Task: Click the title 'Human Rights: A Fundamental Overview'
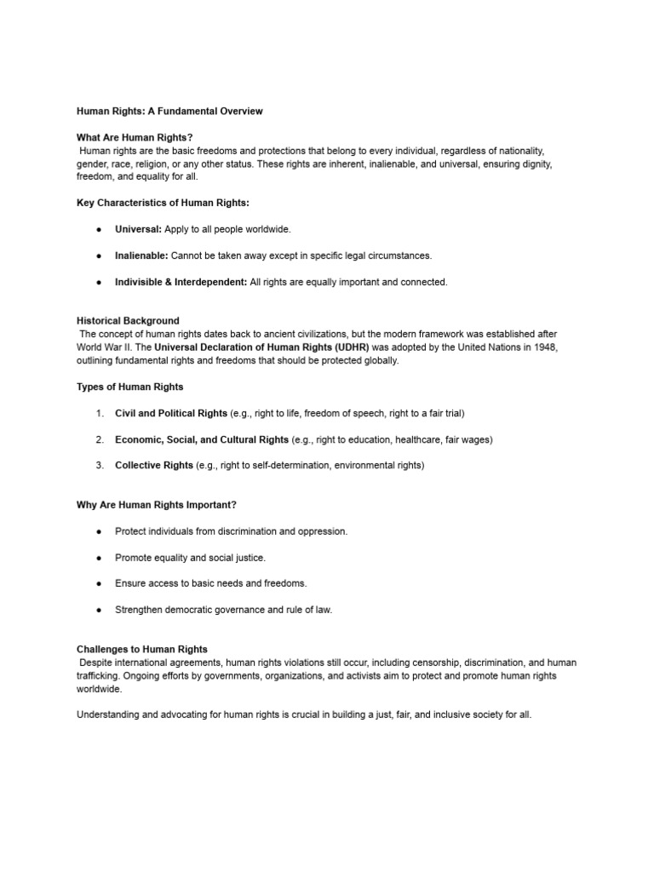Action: pyautogui.click(x=169, y=111)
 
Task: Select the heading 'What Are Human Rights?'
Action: pyautogui.click(x=135, y=137)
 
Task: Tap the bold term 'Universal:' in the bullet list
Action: pyautogui.click(x=138, y=229)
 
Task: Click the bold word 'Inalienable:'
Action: pyautogui.click(x=141, y=255)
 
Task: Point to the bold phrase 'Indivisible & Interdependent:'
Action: pyautogui.click(x=181, y=282)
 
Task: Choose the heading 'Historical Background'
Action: pyautogui.click(x=128, y=321)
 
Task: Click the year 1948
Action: pyautogui.click(x=547, y=347)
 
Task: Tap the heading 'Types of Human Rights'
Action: pyautogui.click(x=129, y=387)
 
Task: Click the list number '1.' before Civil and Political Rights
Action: pyautogui.click(x=100, y=413)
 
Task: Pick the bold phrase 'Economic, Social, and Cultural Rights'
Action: pyautogui.click(x=202, y=439)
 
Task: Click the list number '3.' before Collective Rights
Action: pyautogui.click(x=100, y=466)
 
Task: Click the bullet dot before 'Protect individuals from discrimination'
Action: pyautogui.click(x=100, y=531)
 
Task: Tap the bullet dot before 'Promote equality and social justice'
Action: pyautogui.click(x=100, y=558)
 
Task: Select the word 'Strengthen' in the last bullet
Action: pyautogui.click(x=139, y=610)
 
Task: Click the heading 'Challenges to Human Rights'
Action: pyautogui.click(x=142, y=649)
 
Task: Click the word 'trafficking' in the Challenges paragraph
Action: pyautogui.click(x=100, y=675)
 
